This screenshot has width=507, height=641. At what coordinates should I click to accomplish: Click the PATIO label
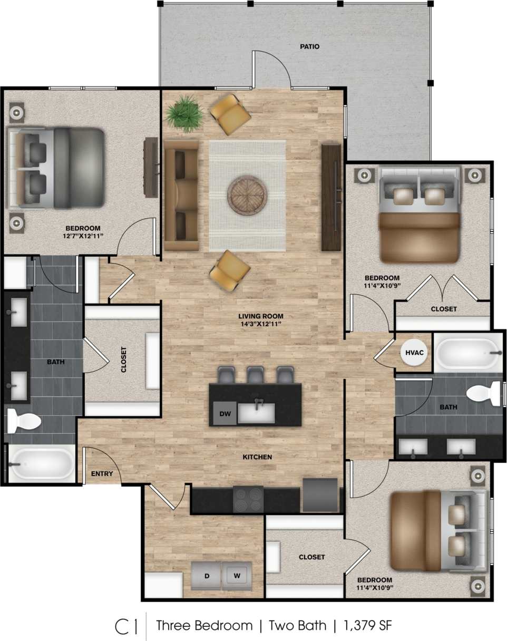pyautogui.click(x=309, y=46)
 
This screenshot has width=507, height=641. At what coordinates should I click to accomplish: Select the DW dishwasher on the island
pyautogui.click(x=223, y=414)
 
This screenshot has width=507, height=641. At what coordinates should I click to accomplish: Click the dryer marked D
pyautogui.click(x=207, y=576)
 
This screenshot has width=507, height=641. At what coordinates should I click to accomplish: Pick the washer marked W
pyautogui.click(x=237, y=576)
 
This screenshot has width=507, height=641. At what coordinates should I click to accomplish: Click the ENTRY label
pyautogui.click(x=102, y=473)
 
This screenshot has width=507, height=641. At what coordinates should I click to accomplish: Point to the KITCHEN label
pyautogui.click(x=257, y=457)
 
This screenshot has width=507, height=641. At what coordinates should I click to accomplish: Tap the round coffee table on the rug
pyautogui.click(x=247, y=195)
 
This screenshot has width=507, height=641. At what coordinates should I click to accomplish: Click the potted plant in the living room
pyautogui.click(x=185, y=112)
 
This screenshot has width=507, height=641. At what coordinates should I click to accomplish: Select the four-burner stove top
pyautogui.click(x=248, y=499)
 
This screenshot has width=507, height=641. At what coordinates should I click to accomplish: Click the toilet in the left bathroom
pyautogui.click(x=23, y=421)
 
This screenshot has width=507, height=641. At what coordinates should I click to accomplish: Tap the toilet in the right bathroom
pyautogui.click(x=484, y=393)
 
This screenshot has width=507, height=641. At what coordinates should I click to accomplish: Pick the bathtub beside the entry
pyautogui.click(x=42, y=463)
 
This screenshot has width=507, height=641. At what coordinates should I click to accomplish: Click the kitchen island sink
pyautogui.click(x=256, y=413)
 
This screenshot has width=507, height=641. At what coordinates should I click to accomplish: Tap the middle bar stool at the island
pyautogui.click(x=255, y=375)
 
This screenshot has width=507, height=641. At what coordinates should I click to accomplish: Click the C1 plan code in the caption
pyautogui.click(x=126, y=626)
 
